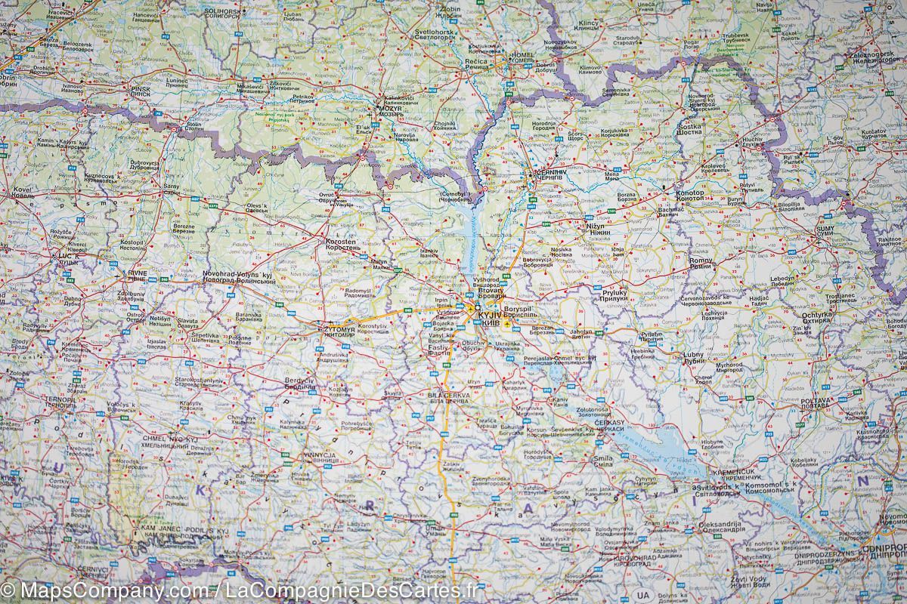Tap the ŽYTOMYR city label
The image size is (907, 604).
[338, 330]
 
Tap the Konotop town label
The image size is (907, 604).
[689, 193]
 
